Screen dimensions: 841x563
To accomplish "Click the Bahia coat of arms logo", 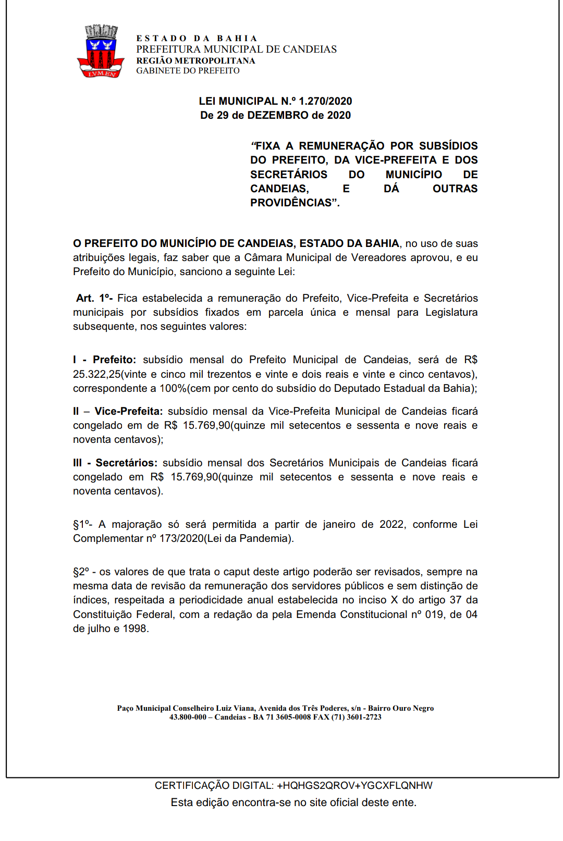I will pyautogui.click(x=101, y=52).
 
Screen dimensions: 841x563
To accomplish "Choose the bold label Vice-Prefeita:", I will pyautogui.click(x=129, y=411).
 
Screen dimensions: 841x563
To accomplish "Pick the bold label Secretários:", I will pyautogui.click(x=126, y=463).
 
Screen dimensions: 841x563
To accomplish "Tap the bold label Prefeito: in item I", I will pyautogui.click(x=114, y=360).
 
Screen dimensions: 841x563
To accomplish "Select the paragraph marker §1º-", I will pyautogui.click(x=82, y=524).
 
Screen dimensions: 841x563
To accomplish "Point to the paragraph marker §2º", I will pyautogui.click(x=81, y=572).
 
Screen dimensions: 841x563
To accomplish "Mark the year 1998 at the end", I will pyautogui.click(x=134, y=628).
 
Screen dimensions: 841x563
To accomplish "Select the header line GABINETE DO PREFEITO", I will pyautogui.click(x=188, y=71).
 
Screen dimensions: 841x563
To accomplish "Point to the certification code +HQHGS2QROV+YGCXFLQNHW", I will pyautogui.click(x=354, y=785).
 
